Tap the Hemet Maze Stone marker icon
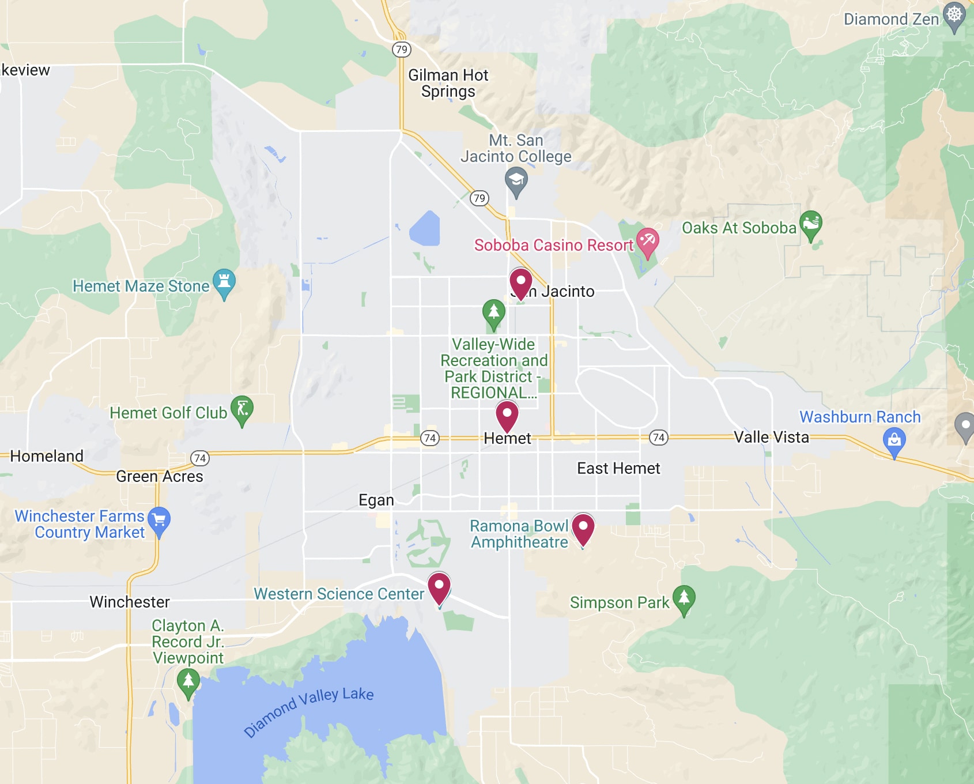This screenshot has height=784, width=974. coord(224,282)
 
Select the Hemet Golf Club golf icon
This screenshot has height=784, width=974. coord(242,409)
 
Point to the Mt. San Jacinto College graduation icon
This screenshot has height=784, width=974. coord(516,180)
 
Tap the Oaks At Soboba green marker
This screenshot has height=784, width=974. coord(811,223)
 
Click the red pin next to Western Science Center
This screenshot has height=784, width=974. coord(439,587)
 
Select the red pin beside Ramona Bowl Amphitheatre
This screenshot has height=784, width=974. coord(583,527)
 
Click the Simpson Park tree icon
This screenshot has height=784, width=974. coord(684,598)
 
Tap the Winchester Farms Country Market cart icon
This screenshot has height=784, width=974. coord(159,520)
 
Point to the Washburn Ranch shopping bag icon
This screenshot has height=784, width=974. coord(894,441)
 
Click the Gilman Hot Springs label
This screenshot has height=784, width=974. coord(448,84)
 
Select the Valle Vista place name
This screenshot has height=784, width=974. coord(771,437)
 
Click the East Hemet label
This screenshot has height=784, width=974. coord(618,468)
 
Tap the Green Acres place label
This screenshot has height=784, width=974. coord(160,476)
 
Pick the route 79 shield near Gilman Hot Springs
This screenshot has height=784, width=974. coord(402,50)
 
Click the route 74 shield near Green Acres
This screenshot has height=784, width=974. coord(200,458)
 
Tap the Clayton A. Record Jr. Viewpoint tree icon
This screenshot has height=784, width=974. coord(188,681)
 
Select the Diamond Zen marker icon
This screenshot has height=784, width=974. coord(954,15)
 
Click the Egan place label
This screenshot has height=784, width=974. coord(376,500)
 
